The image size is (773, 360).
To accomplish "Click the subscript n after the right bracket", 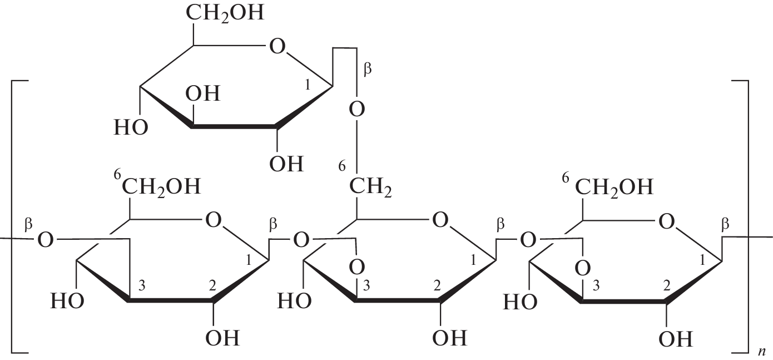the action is click(x=762, y=351).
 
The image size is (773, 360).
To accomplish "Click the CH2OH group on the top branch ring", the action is click(x=225, y=13).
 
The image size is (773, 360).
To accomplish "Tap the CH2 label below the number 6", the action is click(x=370, y=187).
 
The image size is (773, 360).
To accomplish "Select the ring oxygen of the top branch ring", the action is click(x=278, y=46).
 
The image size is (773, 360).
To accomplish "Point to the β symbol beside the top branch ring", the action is click(x=368, y=68).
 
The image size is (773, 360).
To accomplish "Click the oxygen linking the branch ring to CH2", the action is click(x=357, y=109).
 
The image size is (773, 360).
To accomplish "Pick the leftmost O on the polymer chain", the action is click(x=46, y=240).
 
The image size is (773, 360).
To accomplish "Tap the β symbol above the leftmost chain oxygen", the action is click(x=28, y=225).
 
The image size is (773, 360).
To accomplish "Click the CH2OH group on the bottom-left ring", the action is click(x=161, y=187).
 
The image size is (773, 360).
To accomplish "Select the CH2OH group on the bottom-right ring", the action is click(x=615, y=187).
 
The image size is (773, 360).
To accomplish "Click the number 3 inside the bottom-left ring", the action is click(x=141, y=286).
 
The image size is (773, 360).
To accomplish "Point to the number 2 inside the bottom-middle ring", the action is click(x=437, y=286).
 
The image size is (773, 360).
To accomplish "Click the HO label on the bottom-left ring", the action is click(x=67, y=301).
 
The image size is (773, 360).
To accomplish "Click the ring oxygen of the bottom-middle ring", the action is click(x=440, y=220).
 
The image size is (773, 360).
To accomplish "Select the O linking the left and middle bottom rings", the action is click(x=301, y=240).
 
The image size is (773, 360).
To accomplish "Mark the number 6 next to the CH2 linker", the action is click(x=341, y=166).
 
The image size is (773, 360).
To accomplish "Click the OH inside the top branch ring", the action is click(x=203, y=93).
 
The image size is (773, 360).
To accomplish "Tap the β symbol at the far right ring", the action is click(x=725, y=225).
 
